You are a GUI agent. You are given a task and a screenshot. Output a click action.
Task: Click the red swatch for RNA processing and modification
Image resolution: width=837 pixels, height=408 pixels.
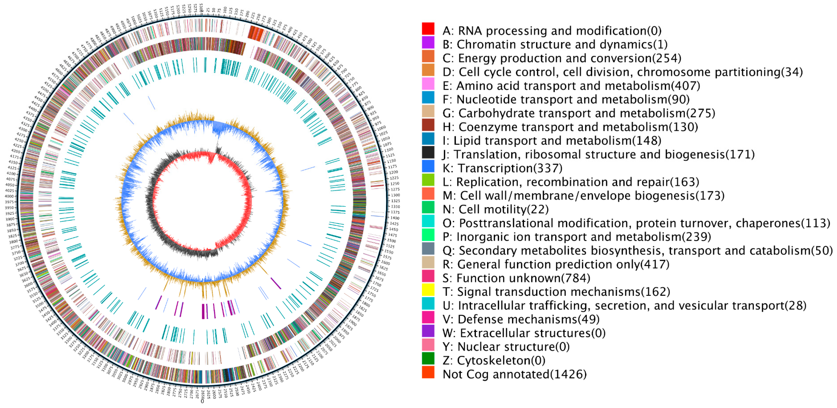pos(428,29)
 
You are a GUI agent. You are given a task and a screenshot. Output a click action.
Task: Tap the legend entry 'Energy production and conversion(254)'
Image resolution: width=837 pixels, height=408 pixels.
pos(562,58)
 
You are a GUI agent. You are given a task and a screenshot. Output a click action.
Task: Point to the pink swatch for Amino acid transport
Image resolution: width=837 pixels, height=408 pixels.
pos(428,84)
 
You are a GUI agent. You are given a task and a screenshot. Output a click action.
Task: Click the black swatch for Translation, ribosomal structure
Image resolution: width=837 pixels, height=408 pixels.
pos(428,152)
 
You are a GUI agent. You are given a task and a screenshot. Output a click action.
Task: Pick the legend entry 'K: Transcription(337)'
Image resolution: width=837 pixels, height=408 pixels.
pos(502,168)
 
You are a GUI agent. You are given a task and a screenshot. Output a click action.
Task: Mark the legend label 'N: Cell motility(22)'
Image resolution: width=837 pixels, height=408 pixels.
pos(495,210)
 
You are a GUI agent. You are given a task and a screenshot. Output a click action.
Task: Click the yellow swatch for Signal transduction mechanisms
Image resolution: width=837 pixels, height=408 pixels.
pos(428,290)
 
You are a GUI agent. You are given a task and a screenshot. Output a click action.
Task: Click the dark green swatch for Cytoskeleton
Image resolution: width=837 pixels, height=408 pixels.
pos(428,358)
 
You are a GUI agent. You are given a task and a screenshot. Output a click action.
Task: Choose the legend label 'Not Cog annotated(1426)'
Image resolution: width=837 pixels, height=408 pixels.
pos(514,374)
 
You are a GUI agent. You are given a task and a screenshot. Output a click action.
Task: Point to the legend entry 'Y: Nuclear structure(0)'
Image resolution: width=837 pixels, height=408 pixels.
pos(506,347)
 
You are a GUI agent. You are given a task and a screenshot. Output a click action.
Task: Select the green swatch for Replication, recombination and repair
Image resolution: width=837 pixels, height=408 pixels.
pos(428,180)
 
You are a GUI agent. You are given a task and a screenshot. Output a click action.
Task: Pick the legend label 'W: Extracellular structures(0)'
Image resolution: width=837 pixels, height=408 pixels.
pos(524,333)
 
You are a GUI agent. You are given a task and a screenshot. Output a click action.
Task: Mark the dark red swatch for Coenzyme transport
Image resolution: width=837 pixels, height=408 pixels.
pos(428,125)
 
